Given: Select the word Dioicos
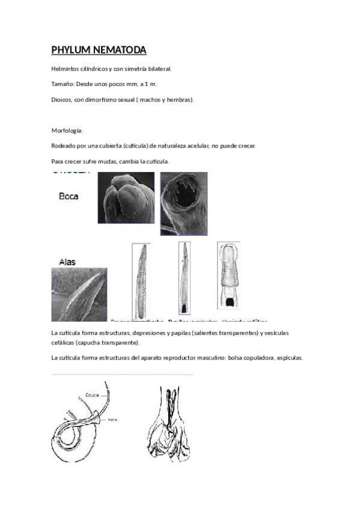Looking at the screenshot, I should (62, 99).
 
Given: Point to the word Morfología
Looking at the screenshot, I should (67, 131).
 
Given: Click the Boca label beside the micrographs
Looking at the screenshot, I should (68, 196).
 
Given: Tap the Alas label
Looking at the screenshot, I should (67, 262).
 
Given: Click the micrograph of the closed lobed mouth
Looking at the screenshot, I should (126, 198).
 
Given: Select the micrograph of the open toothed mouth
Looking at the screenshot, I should (183, 203).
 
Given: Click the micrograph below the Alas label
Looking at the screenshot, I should (79, 295).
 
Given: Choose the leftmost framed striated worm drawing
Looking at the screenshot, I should (140, 280).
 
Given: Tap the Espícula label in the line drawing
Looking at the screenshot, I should (92, 395).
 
